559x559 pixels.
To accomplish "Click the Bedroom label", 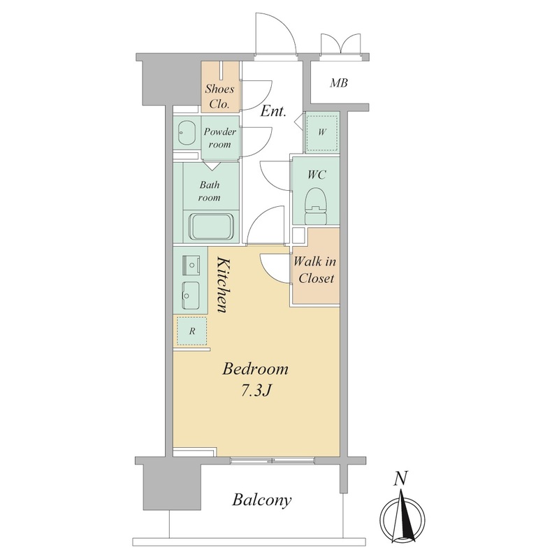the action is [x=255, y=369].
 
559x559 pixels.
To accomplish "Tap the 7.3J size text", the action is [x=256, y=391].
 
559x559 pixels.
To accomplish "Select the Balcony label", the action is [x=261, y=500].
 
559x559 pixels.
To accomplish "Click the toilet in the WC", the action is [x=317, y=206].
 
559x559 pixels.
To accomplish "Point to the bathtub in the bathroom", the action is [x=212, y=226].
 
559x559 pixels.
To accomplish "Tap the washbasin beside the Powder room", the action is [x=186, y=133].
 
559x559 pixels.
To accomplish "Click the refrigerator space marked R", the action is [x=192, y=331].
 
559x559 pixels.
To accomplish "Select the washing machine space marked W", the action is [x=322, y=132].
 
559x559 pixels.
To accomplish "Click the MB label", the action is [x=339, y=83].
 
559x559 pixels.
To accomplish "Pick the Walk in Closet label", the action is [x=315, y=270].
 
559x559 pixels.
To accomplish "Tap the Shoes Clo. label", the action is [x=219, y=96].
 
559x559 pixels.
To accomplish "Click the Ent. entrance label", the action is [x=273, y=112].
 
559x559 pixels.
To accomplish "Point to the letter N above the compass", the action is [x=400, y=479].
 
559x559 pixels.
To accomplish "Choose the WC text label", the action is [x=317, y=175].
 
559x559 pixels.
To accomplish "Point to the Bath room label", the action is [x=210, y=191].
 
